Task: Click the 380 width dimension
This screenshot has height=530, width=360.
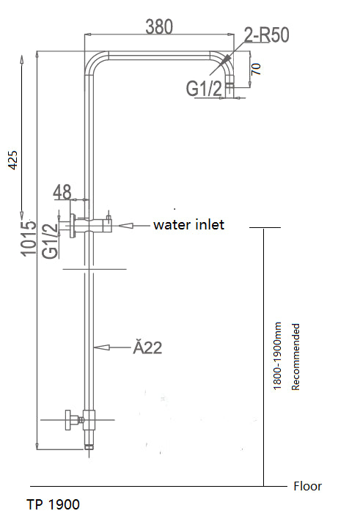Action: [x=159, y=26]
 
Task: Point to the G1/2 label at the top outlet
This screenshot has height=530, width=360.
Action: [x=204, y=89]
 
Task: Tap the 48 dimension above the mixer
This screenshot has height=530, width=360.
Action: [x=62, y=193]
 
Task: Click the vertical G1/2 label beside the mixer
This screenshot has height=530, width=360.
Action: [x=50, y=241]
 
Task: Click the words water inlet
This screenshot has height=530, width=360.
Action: [x=188, y=225]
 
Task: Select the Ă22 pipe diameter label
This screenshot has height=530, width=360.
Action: [x=147, y=347]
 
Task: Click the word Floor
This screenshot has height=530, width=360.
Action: [x=307, y=486]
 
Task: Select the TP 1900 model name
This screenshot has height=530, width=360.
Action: [x=53, y=504]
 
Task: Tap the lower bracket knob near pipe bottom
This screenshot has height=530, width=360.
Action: [x=70, y=420]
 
